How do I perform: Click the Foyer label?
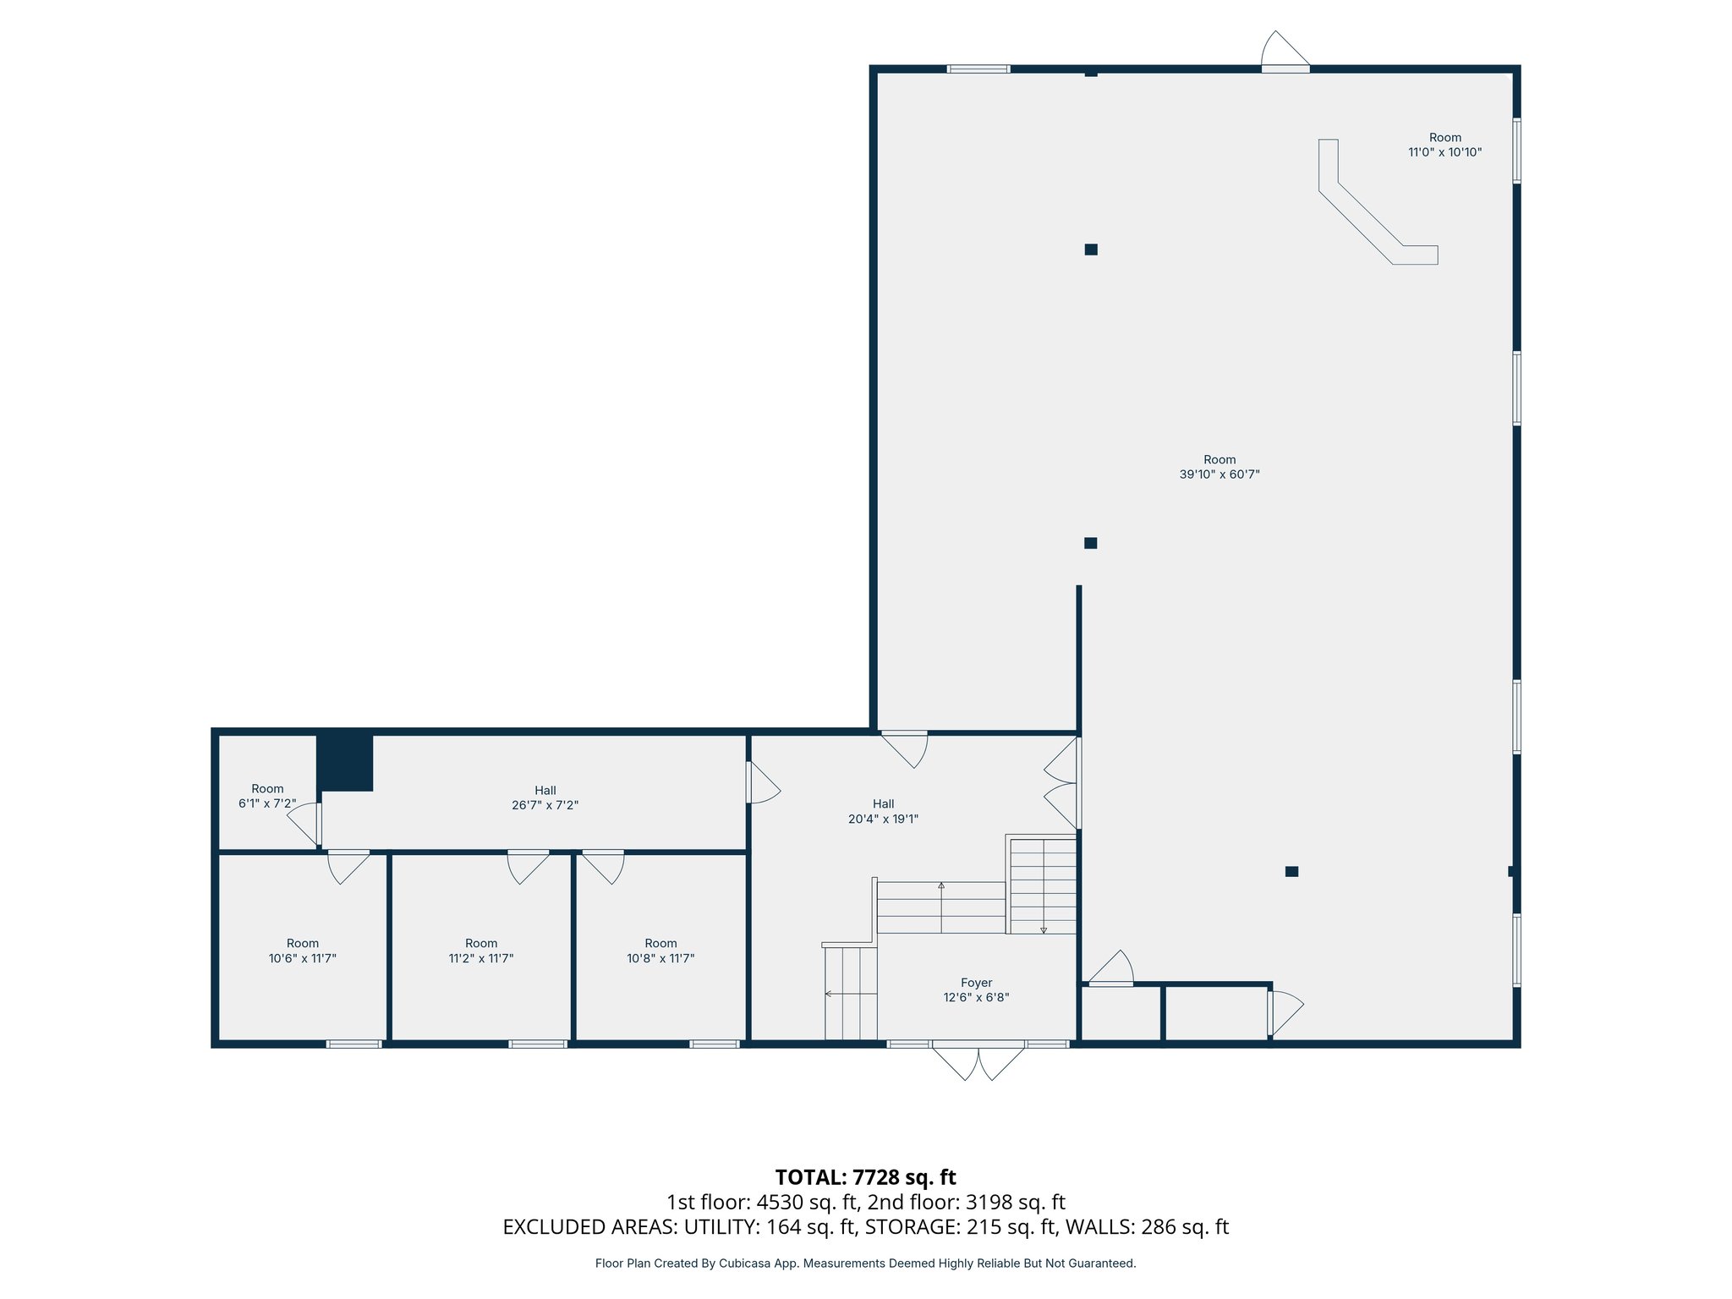tap(976, 983)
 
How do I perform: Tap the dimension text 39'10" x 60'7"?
tap(1220, 474)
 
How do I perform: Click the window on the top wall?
tap(978, 69)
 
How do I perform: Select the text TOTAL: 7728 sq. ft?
tap(865, 1177)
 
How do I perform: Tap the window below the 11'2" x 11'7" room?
tap(538, 1044)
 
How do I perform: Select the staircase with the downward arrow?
tap(1043, 885)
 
